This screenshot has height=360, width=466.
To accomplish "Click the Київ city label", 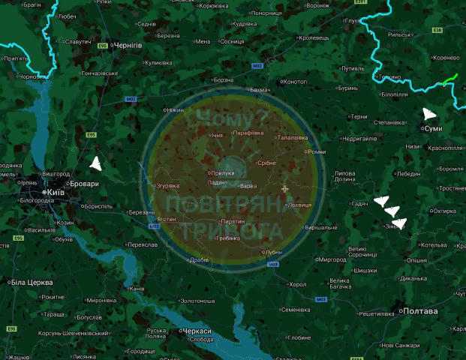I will tap(56, 193).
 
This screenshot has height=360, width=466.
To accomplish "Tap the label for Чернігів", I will tap(127, 46).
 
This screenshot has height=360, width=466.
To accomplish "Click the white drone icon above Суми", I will tap(428, 114).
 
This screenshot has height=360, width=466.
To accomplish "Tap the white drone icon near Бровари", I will tap(95, 163).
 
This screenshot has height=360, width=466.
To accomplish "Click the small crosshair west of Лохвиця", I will tap(284, 188).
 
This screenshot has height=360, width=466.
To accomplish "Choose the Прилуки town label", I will tap(223, 172).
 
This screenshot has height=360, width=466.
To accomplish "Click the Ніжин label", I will tap(175, 110).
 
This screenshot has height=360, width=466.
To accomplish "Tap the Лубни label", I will tap(273, 252).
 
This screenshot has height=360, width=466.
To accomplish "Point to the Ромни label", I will tap(317, 151).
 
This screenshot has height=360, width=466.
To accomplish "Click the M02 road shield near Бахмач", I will tap(257, 66).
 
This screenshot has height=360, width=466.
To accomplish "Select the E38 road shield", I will tap(437, 30).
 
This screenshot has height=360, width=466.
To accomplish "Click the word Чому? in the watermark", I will tap(225, 117).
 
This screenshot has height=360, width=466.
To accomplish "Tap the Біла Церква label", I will tap(32, 282).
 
